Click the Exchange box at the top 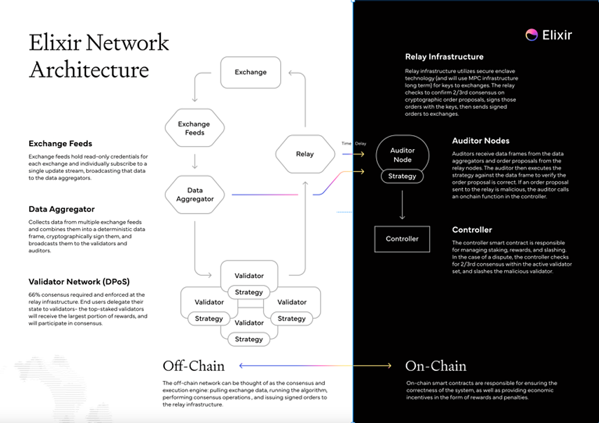(250, 73)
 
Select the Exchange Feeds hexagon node (194, 128)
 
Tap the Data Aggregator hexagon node (195, 194)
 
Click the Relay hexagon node (305, 154)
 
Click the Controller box (402, 239)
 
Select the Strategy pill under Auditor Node (402, 176)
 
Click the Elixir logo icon (531, 35)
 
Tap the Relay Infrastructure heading (444, 57)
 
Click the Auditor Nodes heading (480, 141)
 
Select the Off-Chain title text (194, 366)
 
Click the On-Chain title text (436, 366)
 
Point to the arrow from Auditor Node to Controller (402, 204)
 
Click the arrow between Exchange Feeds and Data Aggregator (195, 161)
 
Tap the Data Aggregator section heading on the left (61, 209)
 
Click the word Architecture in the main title (89, 70)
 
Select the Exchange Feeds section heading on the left (60, 143)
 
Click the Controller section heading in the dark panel (472, 230)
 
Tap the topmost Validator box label (249, 276)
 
